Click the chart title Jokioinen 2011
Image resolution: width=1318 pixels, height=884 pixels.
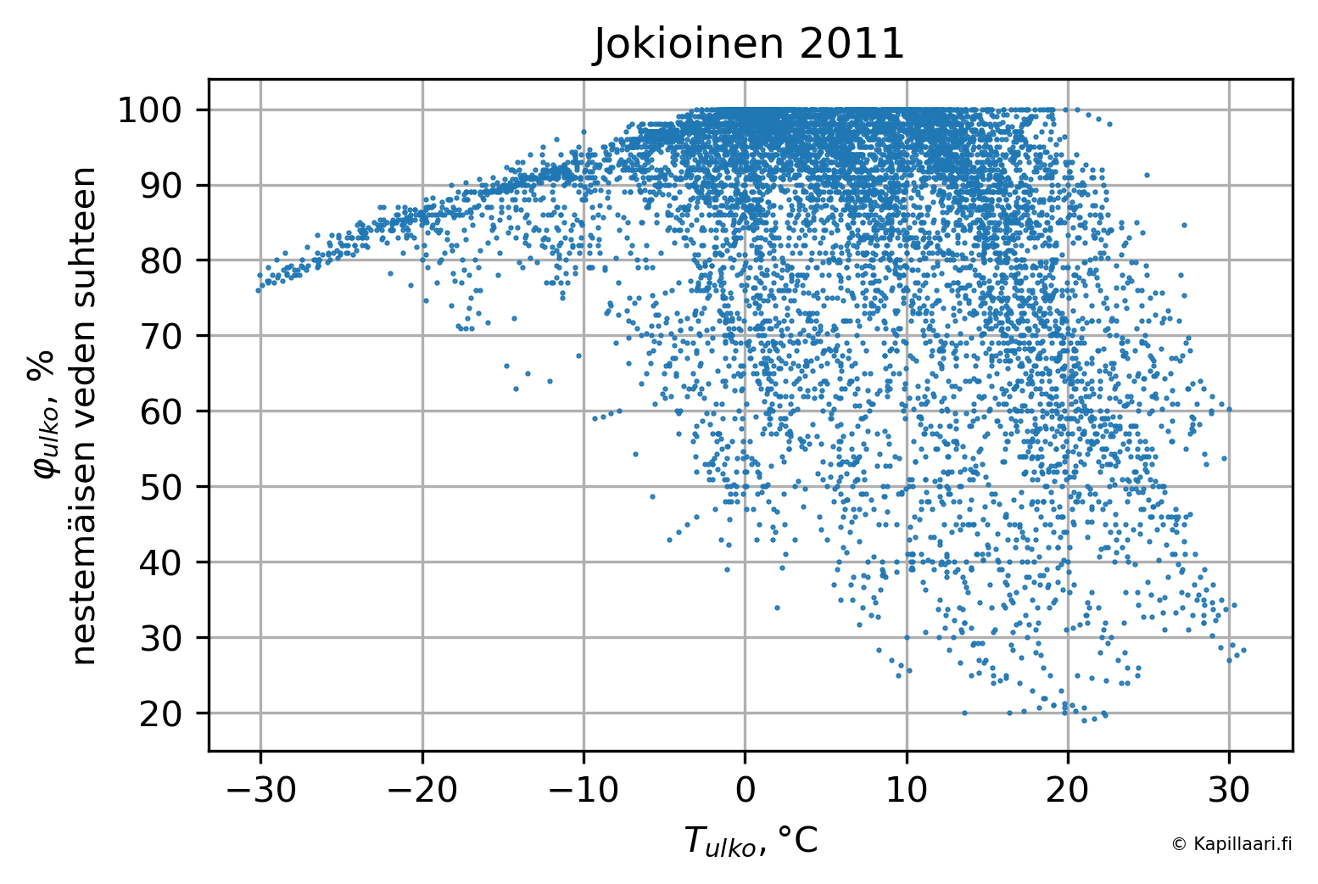[749, 44]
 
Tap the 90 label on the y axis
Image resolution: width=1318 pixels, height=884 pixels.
[161, 186]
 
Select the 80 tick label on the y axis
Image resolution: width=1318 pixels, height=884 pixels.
[161, 260]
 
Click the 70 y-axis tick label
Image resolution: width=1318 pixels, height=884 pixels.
[161, 336]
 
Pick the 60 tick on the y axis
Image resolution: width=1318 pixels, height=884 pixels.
[161, 411]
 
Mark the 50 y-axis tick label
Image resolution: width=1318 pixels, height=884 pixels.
[161, 487]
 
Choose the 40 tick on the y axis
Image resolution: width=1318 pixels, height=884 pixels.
[161, 562]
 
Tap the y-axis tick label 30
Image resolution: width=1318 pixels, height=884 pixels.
[161, 638]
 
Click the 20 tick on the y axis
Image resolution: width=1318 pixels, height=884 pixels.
[161, 713]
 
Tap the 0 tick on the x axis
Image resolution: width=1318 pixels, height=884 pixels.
[745, 791]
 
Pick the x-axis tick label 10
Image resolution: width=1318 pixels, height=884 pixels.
[907, 791]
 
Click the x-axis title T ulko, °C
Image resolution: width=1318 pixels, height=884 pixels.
[751, 842]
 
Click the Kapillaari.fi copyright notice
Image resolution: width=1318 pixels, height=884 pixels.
[1231, 843]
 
